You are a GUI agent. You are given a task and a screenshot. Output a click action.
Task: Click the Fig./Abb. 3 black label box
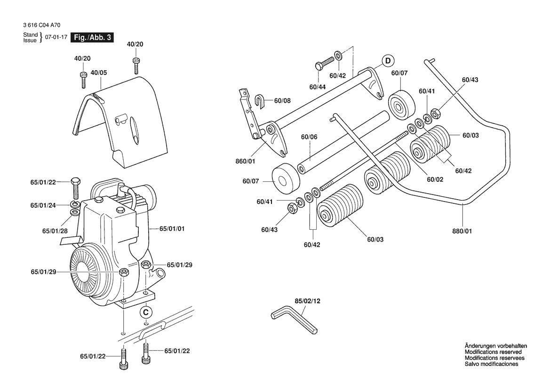coord(91,38)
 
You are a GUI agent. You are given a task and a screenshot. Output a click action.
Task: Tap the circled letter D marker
coord(387,60)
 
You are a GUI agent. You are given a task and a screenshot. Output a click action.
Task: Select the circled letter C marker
coord(146,312)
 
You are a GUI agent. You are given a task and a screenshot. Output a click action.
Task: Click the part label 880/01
coord(462,231)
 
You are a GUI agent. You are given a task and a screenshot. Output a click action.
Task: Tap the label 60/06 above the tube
coord(309,137)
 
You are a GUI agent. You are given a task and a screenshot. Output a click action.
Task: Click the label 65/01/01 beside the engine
coord(172,228)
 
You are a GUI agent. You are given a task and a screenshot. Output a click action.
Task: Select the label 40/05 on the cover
coord(99,73)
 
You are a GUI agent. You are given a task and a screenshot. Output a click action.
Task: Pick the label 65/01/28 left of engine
coord(56,231)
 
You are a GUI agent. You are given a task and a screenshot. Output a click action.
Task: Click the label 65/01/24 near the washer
coord(43,205)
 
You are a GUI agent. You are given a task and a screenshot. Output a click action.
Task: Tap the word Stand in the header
coord(31,35)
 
